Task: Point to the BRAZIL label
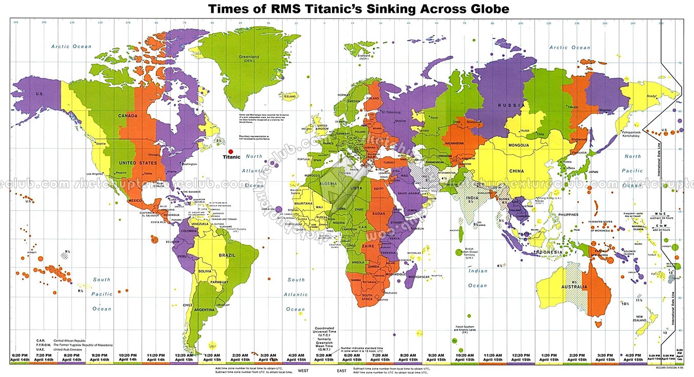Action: pyautogui.click(x=227, y=256)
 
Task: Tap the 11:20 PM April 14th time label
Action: pyautogui.click(x=155, y=357)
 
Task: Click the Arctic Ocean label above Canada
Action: pyautogui.click(x=71, y=47)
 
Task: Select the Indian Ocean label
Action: pyautogui.click(x=478, y=278)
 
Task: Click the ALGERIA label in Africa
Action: pyautogui.click(x=327, y=184)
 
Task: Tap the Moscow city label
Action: pyautogui.click(x=400, y=121)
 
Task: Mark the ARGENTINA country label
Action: pyautogui.click(x=204, y=310)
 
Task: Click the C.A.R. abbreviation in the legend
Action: pyautogui.click(x=41, y=340)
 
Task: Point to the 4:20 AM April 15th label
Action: pyautogui.click(x=295, y=357)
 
